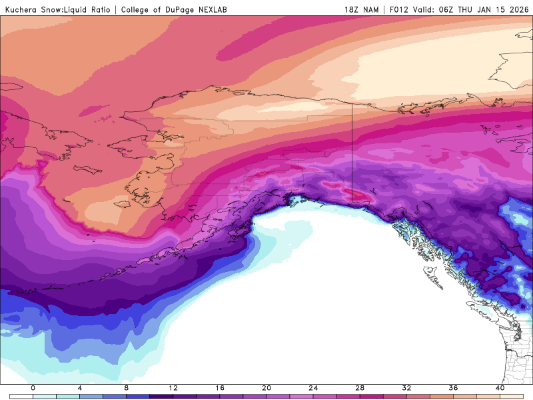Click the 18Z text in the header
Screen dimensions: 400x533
(x=352, y=10)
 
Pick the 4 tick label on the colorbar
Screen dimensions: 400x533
(x=80, y=388)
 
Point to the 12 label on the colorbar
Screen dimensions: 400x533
(x=173, y=388)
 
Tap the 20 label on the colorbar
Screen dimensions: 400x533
(x=266, y=388)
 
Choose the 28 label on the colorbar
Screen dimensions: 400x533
(x=360, y=388)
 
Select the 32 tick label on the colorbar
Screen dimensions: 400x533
(x=406, y=388)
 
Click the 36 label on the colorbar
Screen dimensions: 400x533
(x=453, y=388)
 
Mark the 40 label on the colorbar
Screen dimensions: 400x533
(x=500, y=388)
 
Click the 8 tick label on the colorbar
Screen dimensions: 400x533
(x=127, y=388)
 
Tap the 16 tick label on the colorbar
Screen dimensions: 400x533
(x=220, y=388)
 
